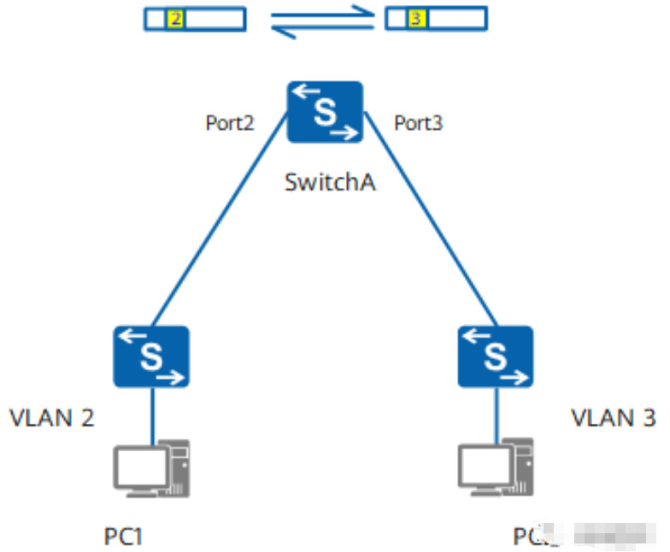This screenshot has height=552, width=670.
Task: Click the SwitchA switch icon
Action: (x=325, y=112)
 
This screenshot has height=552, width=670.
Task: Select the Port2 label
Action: (x=230, y=124)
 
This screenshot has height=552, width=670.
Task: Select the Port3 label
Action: (x=418, y=124)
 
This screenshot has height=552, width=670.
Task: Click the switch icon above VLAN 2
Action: (x=152, y=355)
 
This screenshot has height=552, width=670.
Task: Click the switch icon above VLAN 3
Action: (x=496, y=355)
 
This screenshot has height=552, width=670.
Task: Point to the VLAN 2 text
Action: (x=52, y=418)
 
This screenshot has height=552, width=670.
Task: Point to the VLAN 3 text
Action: (x=614, y=418)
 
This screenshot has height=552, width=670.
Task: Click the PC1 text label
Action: (x=123, y=537)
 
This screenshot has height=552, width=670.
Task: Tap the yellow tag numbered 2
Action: (x=175, y=18)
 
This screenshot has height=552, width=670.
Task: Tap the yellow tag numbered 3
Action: (x=417, y=18)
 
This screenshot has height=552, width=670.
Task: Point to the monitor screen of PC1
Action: (x=141, y=465)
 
